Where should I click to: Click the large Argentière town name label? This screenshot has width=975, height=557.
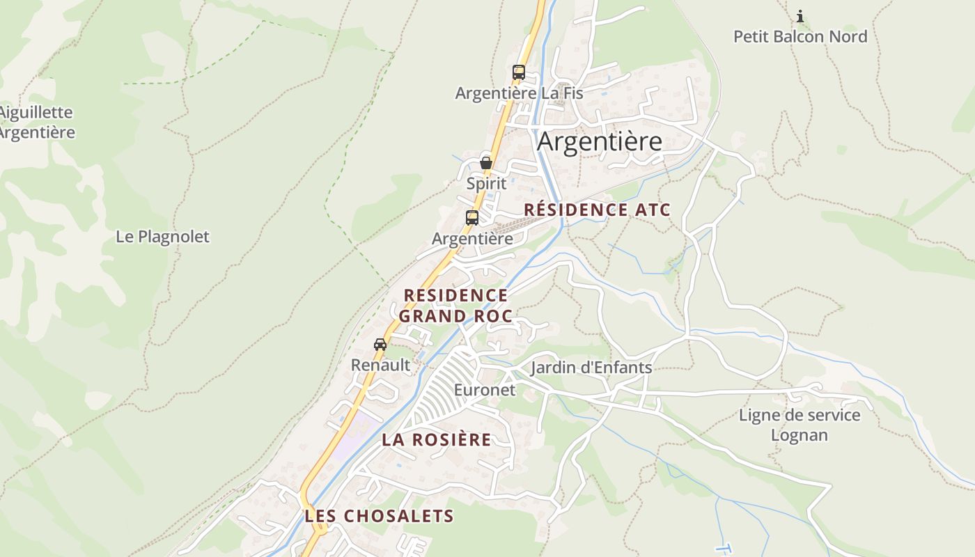click(600, 141)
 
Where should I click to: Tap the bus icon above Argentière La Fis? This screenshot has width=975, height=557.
click(518, 72)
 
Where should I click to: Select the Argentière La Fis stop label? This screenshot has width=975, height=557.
click(519, 93)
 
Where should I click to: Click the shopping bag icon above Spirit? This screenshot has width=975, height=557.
click(486, 163)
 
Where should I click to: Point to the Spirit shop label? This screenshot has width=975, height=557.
click(486, 184)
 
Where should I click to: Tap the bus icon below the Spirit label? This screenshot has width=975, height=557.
click(472, 217)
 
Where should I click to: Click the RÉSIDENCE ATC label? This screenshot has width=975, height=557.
click(597, 210)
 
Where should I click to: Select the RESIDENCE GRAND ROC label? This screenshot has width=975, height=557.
click(456, 306)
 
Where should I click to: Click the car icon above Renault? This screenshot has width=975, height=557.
click(380, 344)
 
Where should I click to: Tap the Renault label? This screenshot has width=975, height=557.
click(380, 365)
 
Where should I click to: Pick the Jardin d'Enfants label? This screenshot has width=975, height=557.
click(591, 368)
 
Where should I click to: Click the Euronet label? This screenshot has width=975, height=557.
click(485, 390)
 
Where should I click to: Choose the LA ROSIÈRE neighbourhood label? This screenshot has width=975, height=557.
click(437, 440)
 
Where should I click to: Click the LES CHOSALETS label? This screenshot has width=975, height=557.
click(379, 516)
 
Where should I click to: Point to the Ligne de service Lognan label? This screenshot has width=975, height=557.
click(799, 425)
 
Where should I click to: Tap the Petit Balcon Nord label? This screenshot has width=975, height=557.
click(800, 36)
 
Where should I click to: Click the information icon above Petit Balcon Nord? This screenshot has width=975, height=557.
click(800, 15)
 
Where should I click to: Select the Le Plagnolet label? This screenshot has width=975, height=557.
click(162, 237)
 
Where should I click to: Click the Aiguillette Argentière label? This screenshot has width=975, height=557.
click(36, 122)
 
